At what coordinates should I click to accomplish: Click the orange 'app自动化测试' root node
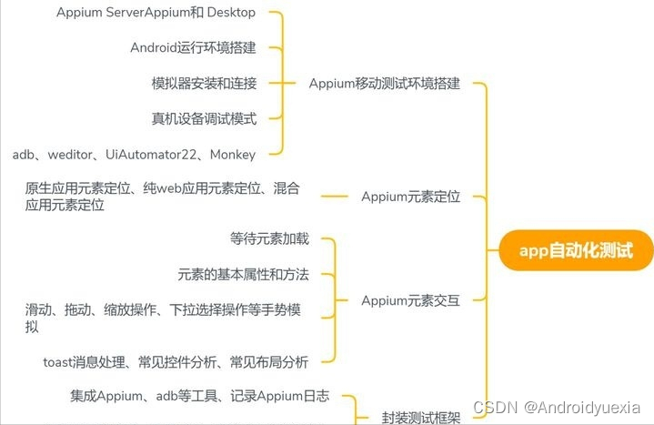[x=575, y=250]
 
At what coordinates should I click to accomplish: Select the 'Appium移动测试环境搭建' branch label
[x=384, y=84]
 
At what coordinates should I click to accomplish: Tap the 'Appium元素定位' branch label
[x=410, y=197]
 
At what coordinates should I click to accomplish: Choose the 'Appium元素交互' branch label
[x=410, y=300]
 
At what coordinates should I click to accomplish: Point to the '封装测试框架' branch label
[x=421, y=418]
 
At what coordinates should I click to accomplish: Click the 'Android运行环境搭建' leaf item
[x=193, y=47]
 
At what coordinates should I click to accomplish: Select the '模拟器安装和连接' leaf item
[x=204, y=84]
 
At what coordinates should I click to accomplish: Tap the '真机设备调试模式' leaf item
[x=204, y=118]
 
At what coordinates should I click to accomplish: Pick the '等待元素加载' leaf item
[x=269, y=238]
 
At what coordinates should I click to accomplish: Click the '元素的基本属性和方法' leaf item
[x=243, y=274]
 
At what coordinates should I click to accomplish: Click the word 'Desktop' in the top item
[x=231, y=13]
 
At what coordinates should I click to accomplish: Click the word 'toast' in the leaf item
[x=61, y=362]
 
